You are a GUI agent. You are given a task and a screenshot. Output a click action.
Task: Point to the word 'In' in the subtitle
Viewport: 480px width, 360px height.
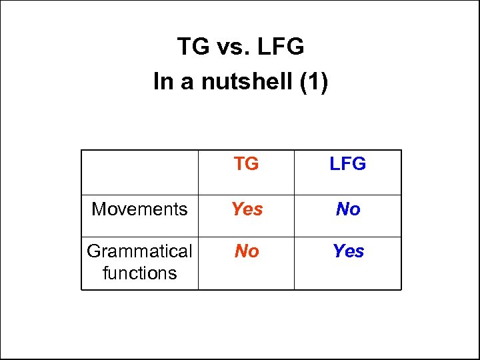162,82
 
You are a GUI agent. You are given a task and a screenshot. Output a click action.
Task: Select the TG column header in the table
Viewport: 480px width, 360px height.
247,164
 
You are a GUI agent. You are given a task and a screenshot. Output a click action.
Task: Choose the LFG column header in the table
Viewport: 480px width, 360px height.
347,164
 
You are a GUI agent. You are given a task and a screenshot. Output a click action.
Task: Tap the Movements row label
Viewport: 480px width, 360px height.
139,209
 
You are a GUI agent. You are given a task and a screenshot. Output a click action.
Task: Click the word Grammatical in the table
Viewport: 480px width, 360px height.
139,251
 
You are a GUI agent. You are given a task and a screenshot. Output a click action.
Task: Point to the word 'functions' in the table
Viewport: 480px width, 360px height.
139,273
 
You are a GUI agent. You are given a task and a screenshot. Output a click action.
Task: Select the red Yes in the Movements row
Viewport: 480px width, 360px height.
247,209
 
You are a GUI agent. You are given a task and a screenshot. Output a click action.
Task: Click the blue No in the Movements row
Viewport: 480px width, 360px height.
347,209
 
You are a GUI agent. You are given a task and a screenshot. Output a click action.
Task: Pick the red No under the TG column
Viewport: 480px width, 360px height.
247,251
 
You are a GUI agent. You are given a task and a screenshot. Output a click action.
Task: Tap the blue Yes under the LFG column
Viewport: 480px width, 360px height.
348,251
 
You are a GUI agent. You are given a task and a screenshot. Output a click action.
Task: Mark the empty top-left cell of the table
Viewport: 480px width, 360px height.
139,172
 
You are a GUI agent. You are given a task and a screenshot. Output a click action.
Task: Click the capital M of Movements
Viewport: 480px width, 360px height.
99,209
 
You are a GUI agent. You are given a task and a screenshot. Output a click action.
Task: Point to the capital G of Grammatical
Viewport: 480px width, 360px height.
94,251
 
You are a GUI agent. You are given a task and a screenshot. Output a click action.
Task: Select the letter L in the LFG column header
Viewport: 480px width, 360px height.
334,164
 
